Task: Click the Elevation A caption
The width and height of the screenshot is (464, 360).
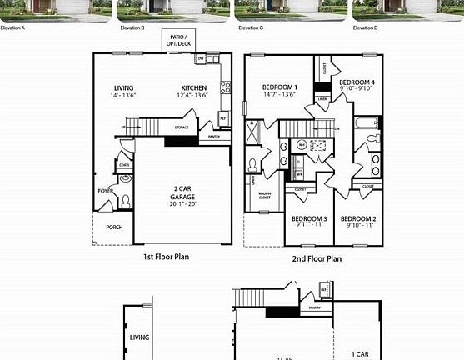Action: click(12, 27)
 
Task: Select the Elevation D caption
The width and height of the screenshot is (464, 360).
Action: click(364, 27)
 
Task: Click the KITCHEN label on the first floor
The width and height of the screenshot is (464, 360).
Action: click(194, 87)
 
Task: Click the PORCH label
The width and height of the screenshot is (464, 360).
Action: click(114, 227)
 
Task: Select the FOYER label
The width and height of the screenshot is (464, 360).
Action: click(106, 191)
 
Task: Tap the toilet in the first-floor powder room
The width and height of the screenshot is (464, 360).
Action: click(125, 201)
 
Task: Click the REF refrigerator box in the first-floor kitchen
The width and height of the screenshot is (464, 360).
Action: click(222, 118)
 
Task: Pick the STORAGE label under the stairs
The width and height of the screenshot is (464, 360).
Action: click(181, 127)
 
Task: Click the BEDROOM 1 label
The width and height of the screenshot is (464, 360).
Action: click(279, 87)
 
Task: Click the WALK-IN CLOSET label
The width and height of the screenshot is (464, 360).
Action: click(264, 197)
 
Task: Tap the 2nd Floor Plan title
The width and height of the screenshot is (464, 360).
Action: click(316, 258)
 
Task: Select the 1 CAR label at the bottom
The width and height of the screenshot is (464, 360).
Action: click(359, 353)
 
